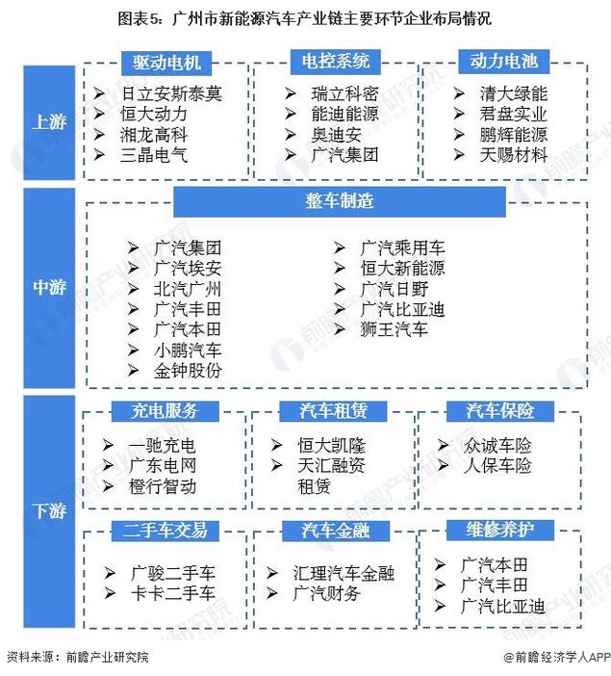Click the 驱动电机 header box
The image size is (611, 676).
pyautogui.click(x=166, y=63)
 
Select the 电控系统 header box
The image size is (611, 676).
pyautogui.click(x=335, y=62)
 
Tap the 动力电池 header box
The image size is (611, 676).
pyautogui.click(x=503, y=62)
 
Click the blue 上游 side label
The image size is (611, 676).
pyautogui.click(x=49, y=122)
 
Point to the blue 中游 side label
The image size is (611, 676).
pyautogui.click(x=49, y=288)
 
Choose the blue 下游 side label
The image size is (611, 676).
pyautogui.click(x=49, y=511)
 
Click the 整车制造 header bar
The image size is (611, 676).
pyautogui.click(x=340, y=201)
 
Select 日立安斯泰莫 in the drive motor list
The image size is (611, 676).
pyautogui.click(x=171, y=93)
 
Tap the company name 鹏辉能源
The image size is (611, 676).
pyautogui.click(x=513, y=135)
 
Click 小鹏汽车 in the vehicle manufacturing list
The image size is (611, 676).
pyautogui.click(x=188, y=351)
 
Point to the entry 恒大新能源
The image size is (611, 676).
pyautogui.click(x=402, y=268)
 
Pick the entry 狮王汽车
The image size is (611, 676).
pyautogui.click(x=394, y=329)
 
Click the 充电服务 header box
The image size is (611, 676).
pyautogui.click(x=165, y=411)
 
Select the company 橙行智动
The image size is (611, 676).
pyautogui.click(x=163, y=486)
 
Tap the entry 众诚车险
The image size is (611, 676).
pyautogui.click(x=497, y=445)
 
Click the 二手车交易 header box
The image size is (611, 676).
pyautogui.click(x=165, y=531)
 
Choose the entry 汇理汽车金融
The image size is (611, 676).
pyautogui.click(x=344, y=573)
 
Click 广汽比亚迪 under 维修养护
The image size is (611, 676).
pyautogui.click(x=502, y=606)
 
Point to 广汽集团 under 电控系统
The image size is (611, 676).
pyautogui.click(x=344, y=155)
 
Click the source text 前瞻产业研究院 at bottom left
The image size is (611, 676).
pyautogui.click(x=108, y=657)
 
